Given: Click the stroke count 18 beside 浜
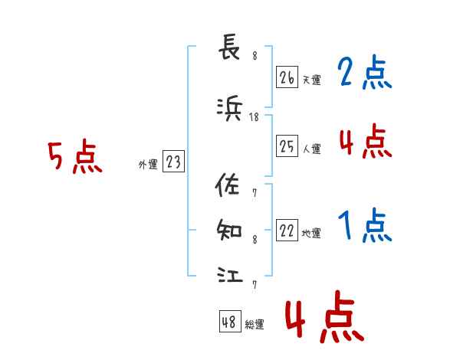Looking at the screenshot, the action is coord(255,117).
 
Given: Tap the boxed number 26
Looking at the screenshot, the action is coord(287,77).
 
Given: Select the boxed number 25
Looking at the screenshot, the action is coord(287,147).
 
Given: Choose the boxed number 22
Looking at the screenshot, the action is coord(287,231).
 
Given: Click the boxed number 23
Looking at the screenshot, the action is coord(173,162).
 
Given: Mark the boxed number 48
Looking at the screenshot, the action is coord(229,322).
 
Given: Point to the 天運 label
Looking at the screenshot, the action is coord(311,80).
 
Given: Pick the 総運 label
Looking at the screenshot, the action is coord(254,325).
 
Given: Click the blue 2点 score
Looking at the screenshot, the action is coord(364,74).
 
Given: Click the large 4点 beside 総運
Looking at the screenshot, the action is coord(324,320).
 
